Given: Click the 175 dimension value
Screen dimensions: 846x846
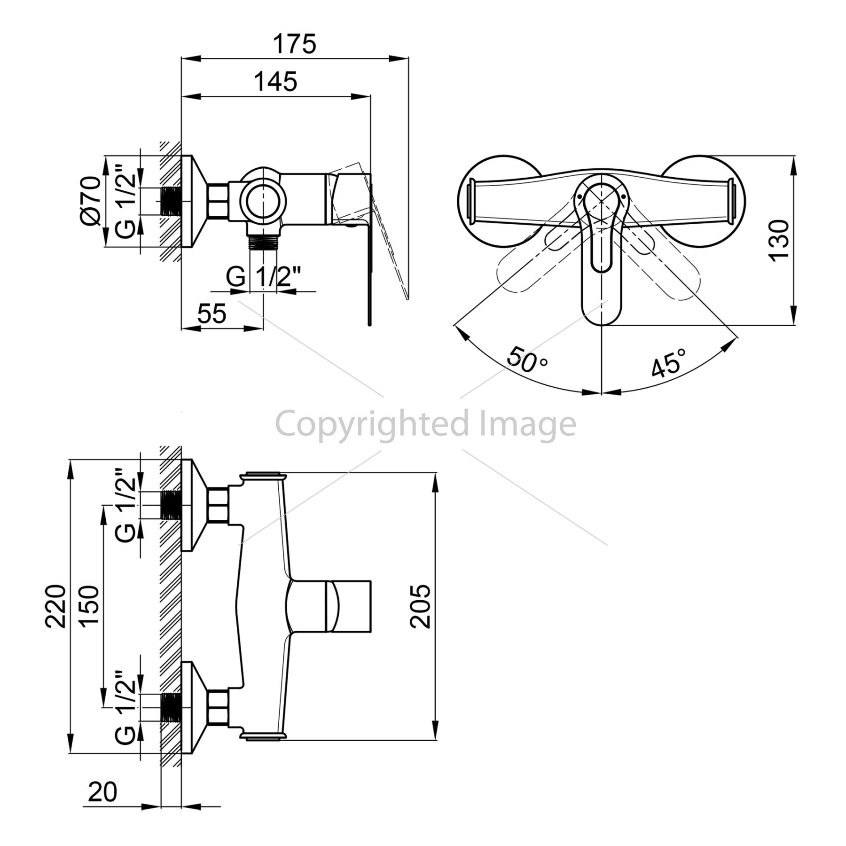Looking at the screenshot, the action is tap(295, 44).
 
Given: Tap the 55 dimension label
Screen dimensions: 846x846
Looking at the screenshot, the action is tap(212, 313).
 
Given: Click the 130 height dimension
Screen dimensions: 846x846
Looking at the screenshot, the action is tap(778, 240).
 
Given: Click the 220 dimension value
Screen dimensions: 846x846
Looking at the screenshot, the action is tap(56, 606).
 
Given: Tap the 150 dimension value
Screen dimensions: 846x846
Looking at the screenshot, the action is tap(89, 606).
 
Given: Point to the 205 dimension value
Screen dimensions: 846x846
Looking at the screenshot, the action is tap(420, 606).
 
